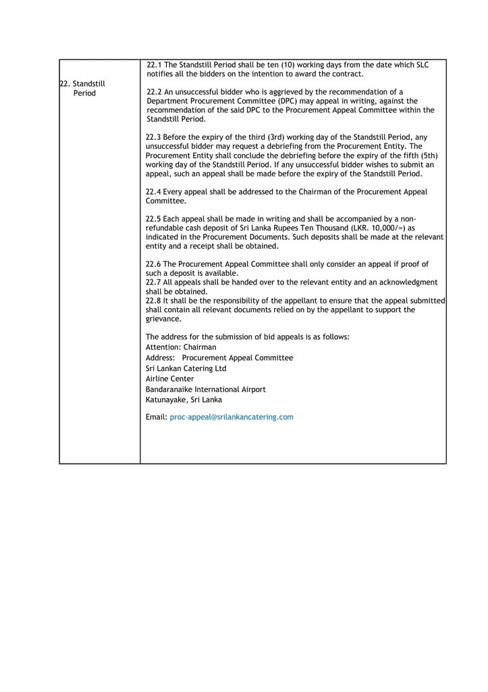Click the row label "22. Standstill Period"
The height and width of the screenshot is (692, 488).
(82, 89)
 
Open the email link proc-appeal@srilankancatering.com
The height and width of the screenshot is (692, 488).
(232, 418)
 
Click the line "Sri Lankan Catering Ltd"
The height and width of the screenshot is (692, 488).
(186, 369)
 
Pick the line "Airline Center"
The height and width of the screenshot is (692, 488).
(169, 379)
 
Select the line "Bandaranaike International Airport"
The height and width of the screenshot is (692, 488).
(205, 390)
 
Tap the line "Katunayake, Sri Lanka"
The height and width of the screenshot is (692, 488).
(184, 400)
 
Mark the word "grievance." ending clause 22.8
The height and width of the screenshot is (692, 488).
(163, 319)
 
